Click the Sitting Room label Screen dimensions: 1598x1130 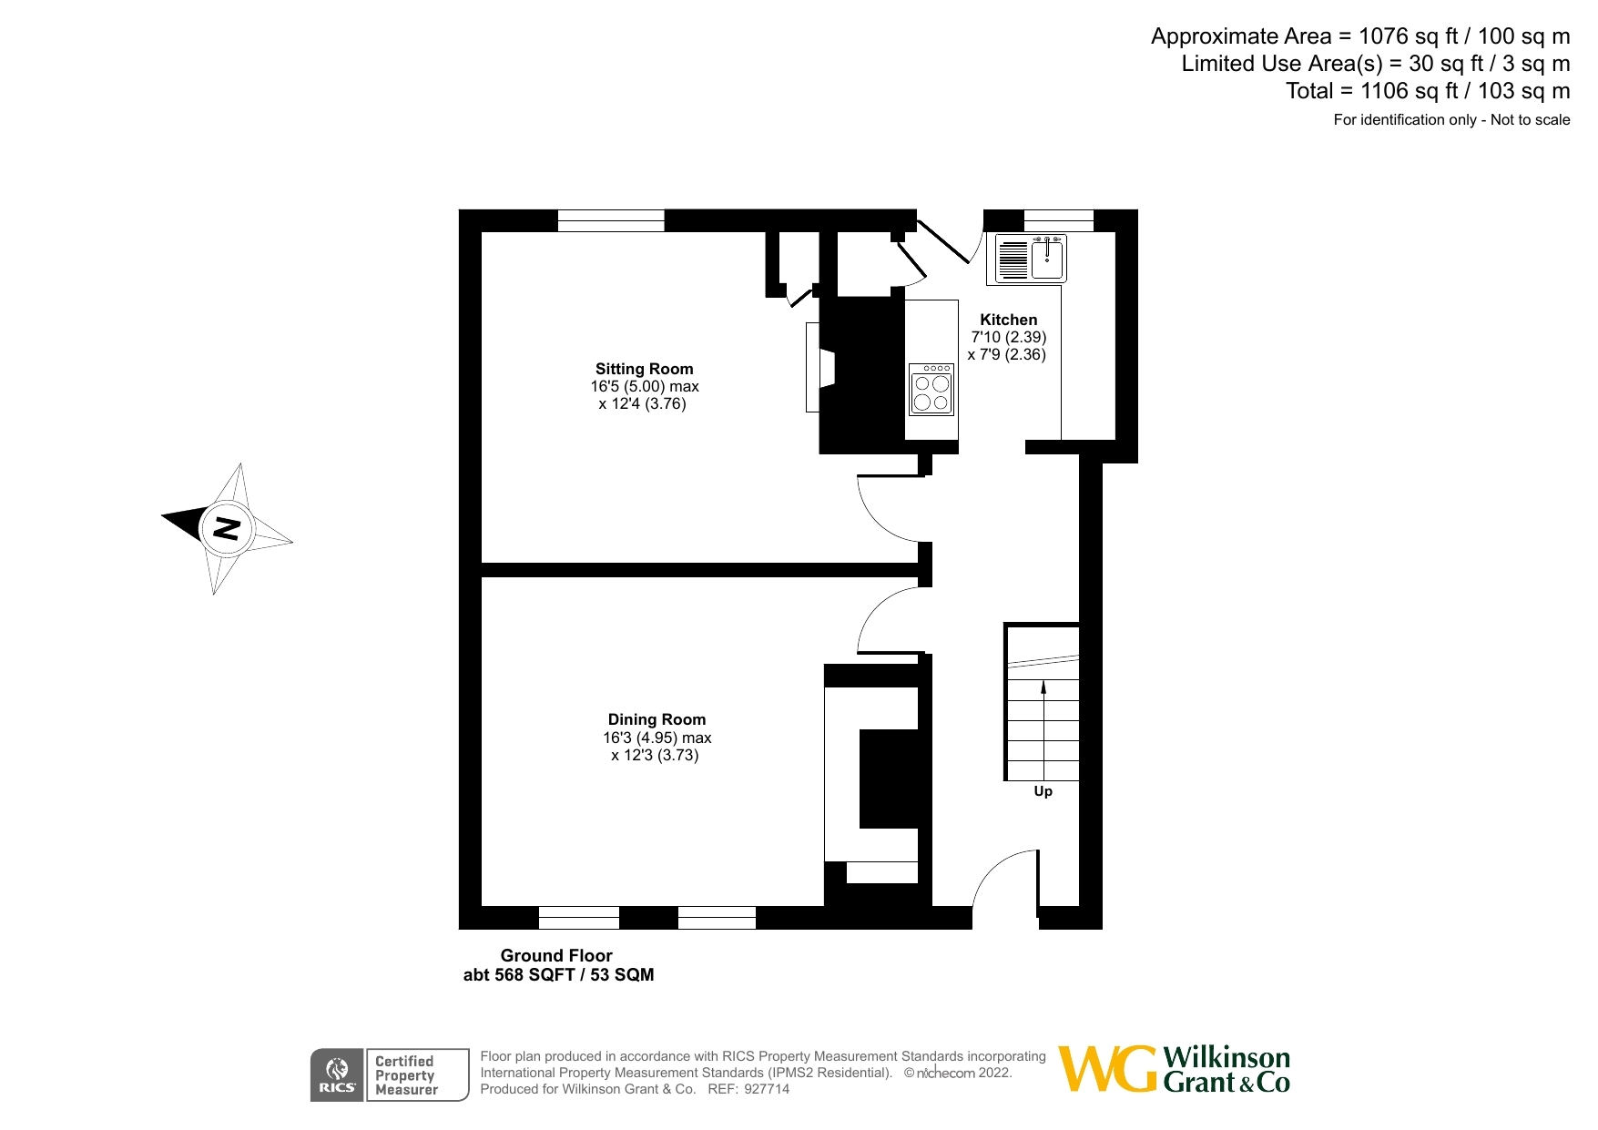[644, 369]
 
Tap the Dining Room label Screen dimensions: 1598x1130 [657, 719]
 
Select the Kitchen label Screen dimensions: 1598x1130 [1008, 320]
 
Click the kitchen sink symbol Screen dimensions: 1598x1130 [1031, 259]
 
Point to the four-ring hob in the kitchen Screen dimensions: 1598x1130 [931, 390]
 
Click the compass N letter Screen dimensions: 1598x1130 [226, 528]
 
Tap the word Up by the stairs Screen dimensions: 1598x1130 [1043, 791]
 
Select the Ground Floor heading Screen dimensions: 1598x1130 [556, 955]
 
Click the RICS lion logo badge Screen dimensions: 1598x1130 [337, 1074]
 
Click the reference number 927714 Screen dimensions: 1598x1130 [767, 1089]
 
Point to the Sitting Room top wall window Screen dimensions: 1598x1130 [611, 220]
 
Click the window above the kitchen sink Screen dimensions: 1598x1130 [1058, 220]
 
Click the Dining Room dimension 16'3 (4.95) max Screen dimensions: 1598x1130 [657, 738]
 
